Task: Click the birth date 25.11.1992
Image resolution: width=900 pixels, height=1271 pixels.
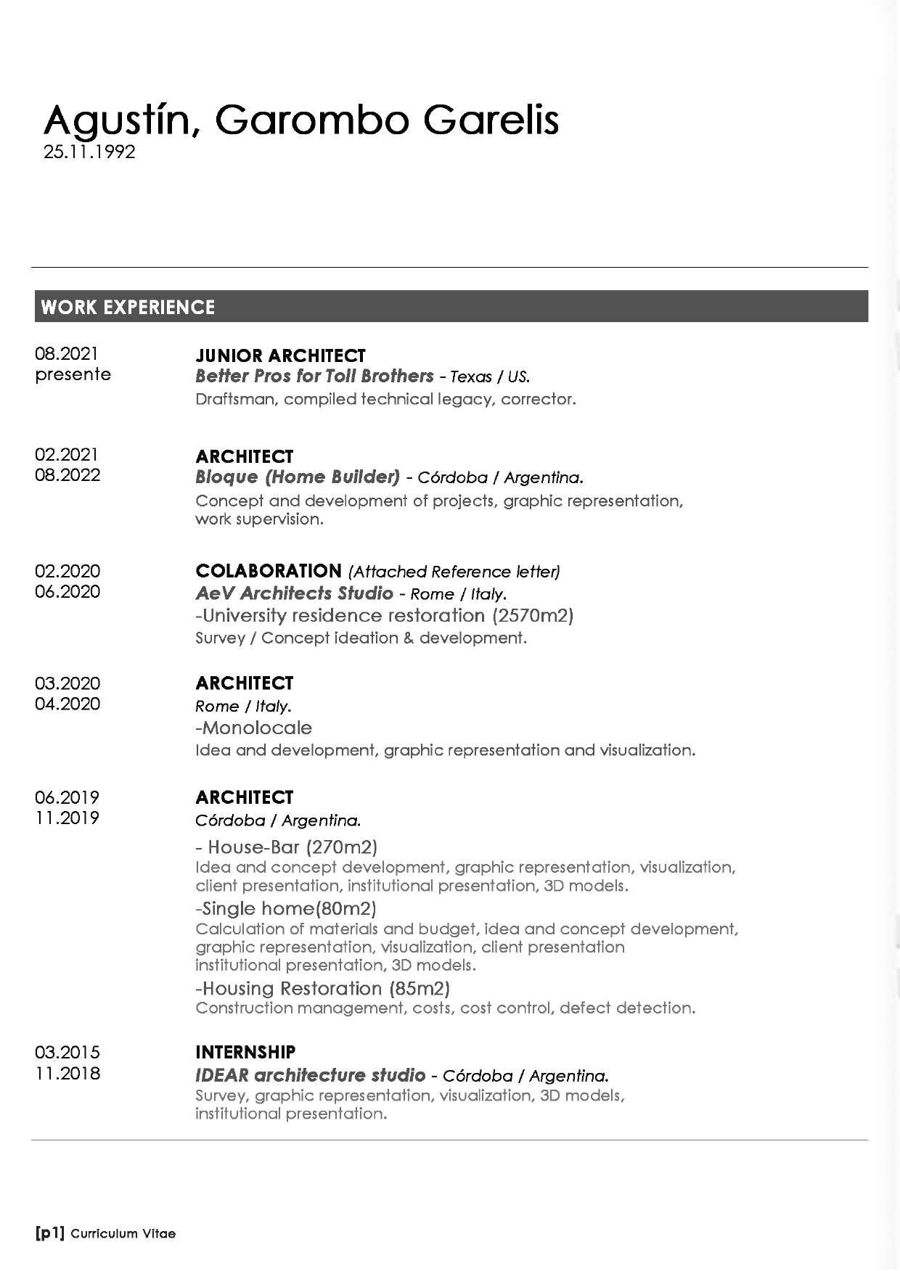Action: point(89,152)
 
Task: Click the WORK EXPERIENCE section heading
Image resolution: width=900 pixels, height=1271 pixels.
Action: point(128,307)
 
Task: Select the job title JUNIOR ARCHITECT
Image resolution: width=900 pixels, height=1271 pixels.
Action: point(280,355)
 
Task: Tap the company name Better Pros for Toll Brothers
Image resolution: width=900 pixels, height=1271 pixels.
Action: point(314,376)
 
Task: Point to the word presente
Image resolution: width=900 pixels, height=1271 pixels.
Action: point(73,374)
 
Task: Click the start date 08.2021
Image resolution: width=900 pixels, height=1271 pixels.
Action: point(66,353)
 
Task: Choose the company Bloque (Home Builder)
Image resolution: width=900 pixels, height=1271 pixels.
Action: point(298,477)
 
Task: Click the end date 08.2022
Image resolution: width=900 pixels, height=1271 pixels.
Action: point(67,475)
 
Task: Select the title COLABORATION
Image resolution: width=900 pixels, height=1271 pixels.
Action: point(268,571)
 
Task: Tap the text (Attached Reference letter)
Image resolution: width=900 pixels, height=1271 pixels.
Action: point(454,572)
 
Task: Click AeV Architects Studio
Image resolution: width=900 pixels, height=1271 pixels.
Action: point(294,593)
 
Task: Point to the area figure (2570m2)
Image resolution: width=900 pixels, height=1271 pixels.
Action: point(533,616)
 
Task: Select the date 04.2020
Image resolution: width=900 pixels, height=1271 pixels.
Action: point(67,704)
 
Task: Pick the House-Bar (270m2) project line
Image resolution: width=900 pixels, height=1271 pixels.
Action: point(287,847)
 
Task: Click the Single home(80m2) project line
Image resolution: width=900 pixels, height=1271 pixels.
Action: point(286,908)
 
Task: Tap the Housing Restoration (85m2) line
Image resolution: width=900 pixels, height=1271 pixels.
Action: point(323,988)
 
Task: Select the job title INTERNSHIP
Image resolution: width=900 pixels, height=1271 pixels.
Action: point(245,1052)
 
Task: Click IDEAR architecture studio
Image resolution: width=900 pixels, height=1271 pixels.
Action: point(310,1074)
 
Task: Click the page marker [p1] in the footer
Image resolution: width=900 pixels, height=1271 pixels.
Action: point(50,1233)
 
